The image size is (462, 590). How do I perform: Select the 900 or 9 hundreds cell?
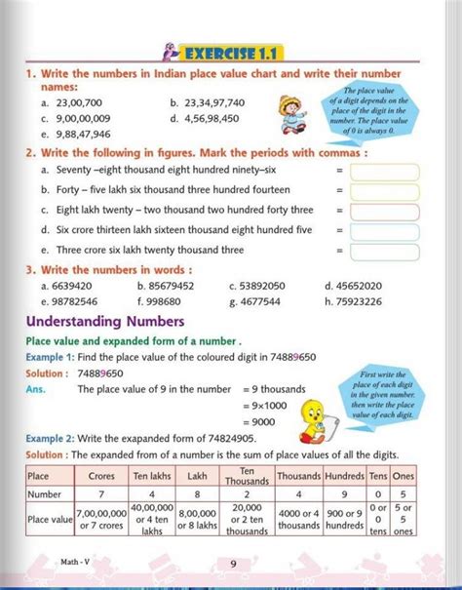coord(345,520)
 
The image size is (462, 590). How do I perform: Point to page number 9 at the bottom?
coord(233,563)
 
